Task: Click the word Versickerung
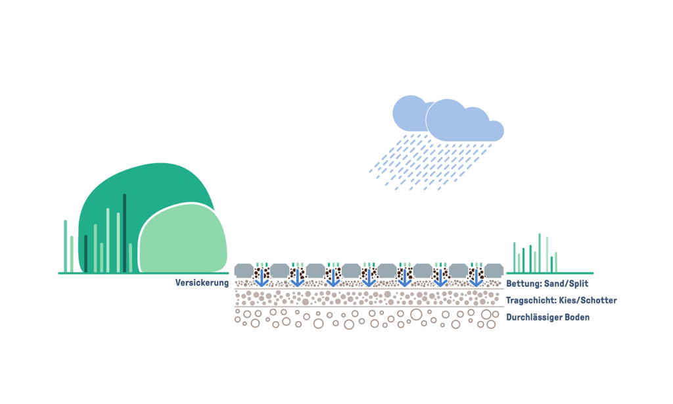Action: (202, 283)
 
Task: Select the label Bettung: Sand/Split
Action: (547, 284)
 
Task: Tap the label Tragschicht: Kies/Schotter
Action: (561, 301)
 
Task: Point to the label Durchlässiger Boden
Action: (547, 317)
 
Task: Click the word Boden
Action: (576, 317)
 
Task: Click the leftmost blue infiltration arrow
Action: (261, 278)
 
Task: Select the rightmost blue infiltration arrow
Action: (476, 278)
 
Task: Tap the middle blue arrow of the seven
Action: (369, 278)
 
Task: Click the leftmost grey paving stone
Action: (244, 270)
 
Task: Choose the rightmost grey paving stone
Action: (494, 270)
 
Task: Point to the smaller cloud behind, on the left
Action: (407, 113)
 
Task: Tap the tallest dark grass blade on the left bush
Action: (124, 233)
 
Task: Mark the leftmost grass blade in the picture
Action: (66, 246)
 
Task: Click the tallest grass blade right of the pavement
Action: (540, 252)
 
